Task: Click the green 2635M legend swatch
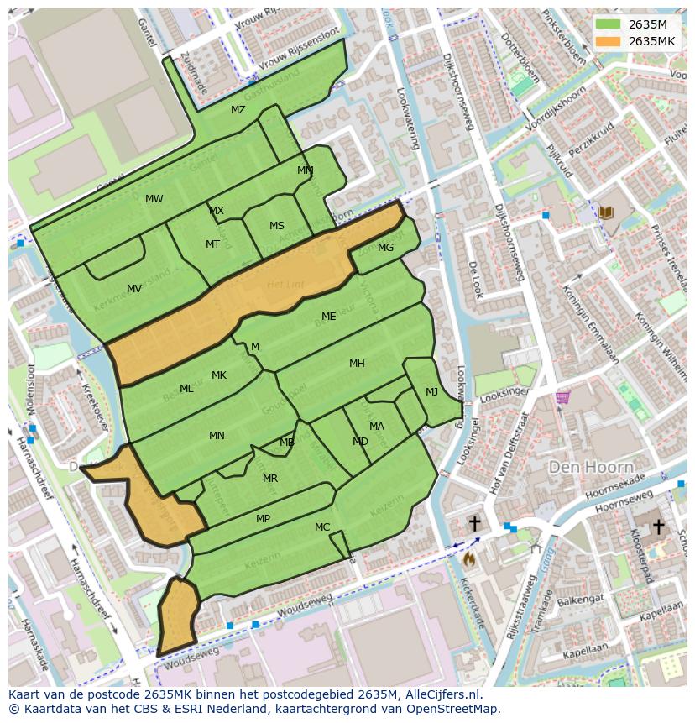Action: pos(609,24)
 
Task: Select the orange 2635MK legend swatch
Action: pos(609,41)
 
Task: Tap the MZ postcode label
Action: pos(238,110)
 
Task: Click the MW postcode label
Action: pos(154,199)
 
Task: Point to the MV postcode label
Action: pos(134,289)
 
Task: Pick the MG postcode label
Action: pos(385,248)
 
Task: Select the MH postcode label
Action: pos(357,364)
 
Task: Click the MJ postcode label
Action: pos(431,392)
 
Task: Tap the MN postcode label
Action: pos(217,436)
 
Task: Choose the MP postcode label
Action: pos(263,519)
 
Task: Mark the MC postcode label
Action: pos(322,527)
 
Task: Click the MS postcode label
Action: pos(277,226)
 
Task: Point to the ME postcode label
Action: pos(329,317)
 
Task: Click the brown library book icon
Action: pos(606,213)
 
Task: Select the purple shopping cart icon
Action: pos(562,397)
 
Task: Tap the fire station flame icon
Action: pos(468,557)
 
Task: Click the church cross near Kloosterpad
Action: pos(659,527)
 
